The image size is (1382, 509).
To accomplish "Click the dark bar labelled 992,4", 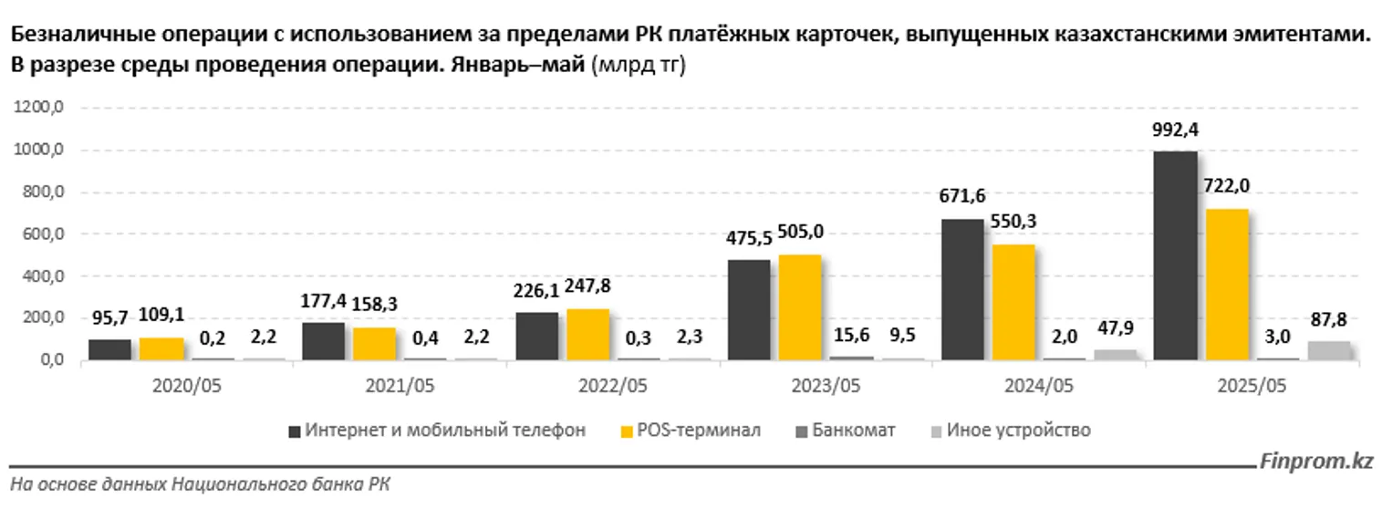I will click(x=1175, y=255).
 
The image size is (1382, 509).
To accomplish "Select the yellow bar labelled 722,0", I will click(x=1226, y=285).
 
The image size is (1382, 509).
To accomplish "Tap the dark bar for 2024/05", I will click(x=961, y=290).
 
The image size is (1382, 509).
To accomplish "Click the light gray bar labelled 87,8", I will click(x=1328, y=350).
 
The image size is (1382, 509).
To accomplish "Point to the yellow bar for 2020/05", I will click(x=161, y=349).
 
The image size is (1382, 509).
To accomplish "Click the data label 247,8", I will click(x=588, y=286).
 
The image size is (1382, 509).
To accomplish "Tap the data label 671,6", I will click(x=961, y=196).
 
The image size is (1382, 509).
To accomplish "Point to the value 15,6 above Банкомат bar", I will click(x=852, y=335).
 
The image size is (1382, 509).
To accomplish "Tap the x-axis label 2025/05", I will click(x=1252, y=386).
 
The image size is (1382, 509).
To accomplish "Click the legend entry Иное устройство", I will click(x=1017, y=430).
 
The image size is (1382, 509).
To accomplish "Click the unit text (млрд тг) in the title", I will click(x=639, y=66).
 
